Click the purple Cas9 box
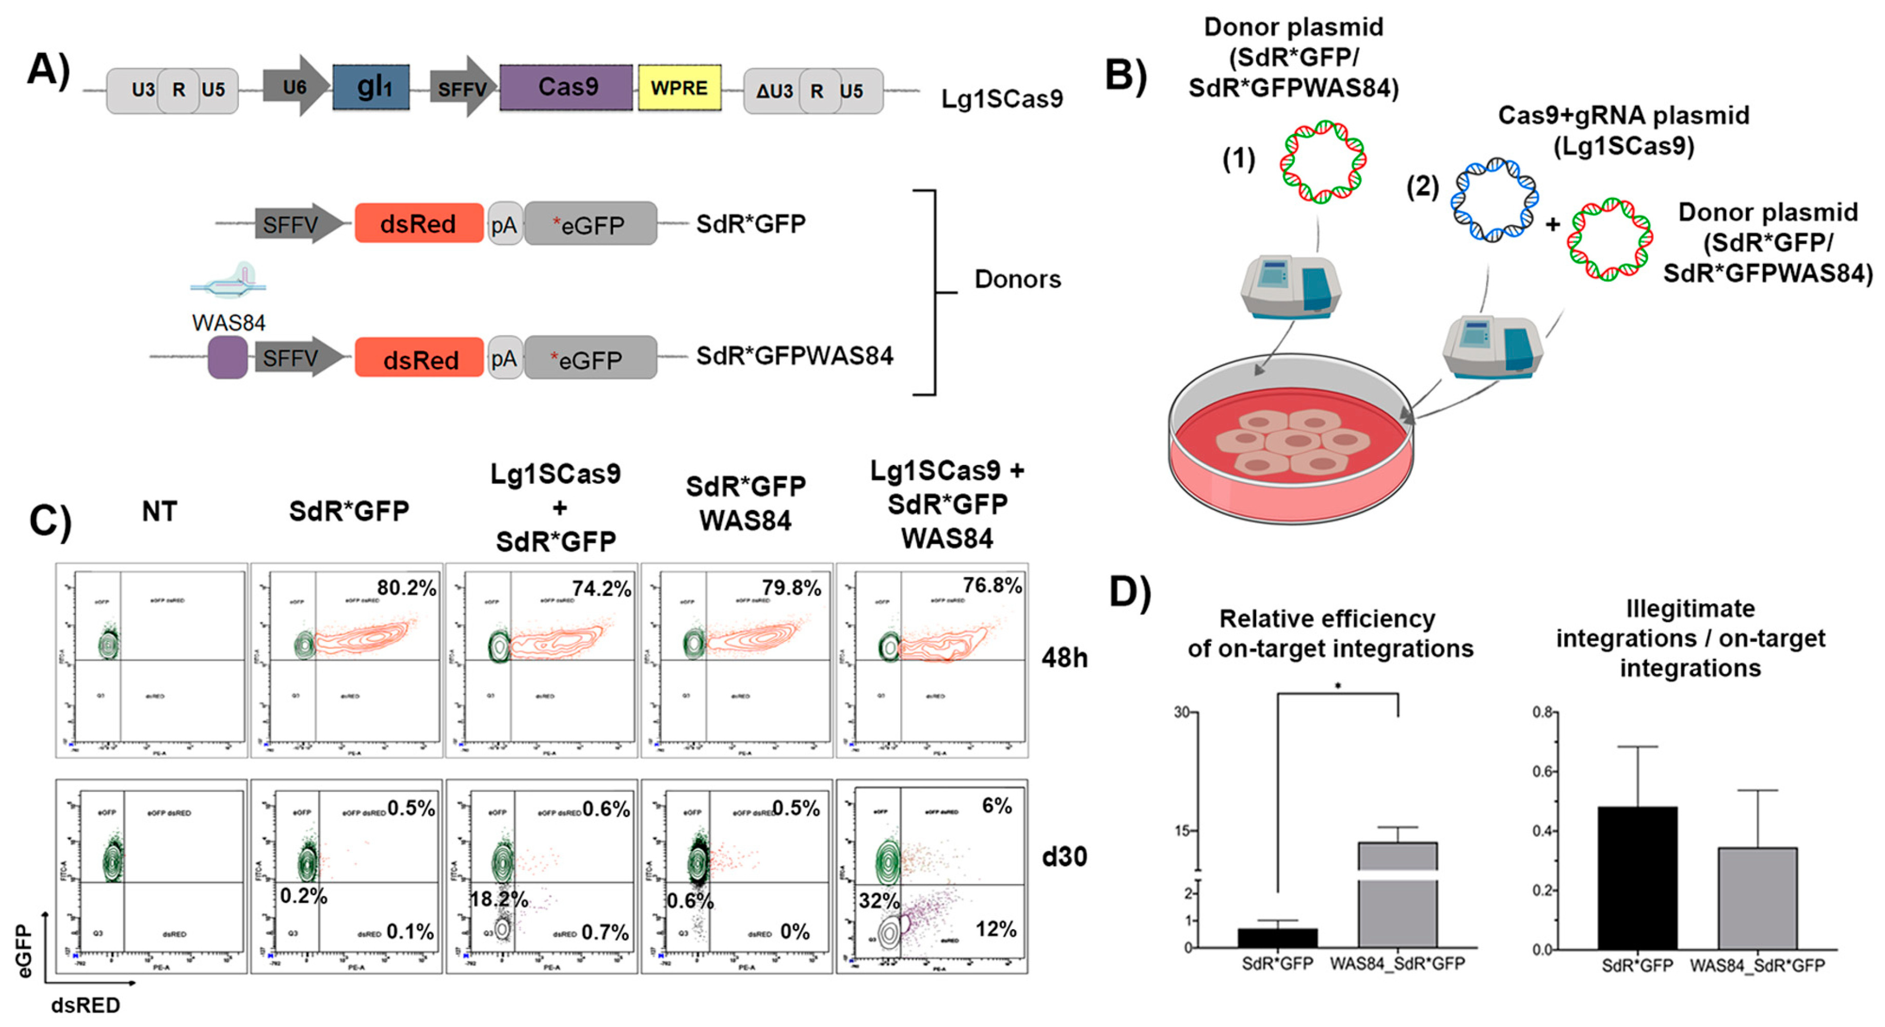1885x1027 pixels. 566,88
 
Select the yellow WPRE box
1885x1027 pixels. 679,88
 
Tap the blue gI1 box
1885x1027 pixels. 371,87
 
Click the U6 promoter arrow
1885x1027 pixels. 295,86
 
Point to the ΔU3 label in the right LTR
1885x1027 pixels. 773,91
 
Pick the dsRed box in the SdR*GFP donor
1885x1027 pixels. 419,223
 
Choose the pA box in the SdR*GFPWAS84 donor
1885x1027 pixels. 504,358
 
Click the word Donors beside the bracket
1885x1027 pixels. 1017,279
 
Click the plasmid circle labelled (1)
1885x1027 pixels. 1323,162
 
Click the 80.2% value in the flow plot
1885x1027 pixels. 406,588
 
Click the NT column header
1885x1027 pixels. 160,511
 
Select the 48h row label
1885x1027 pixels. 1064,658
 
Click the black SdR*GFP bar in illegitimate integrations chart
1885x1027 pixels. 1637,878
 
